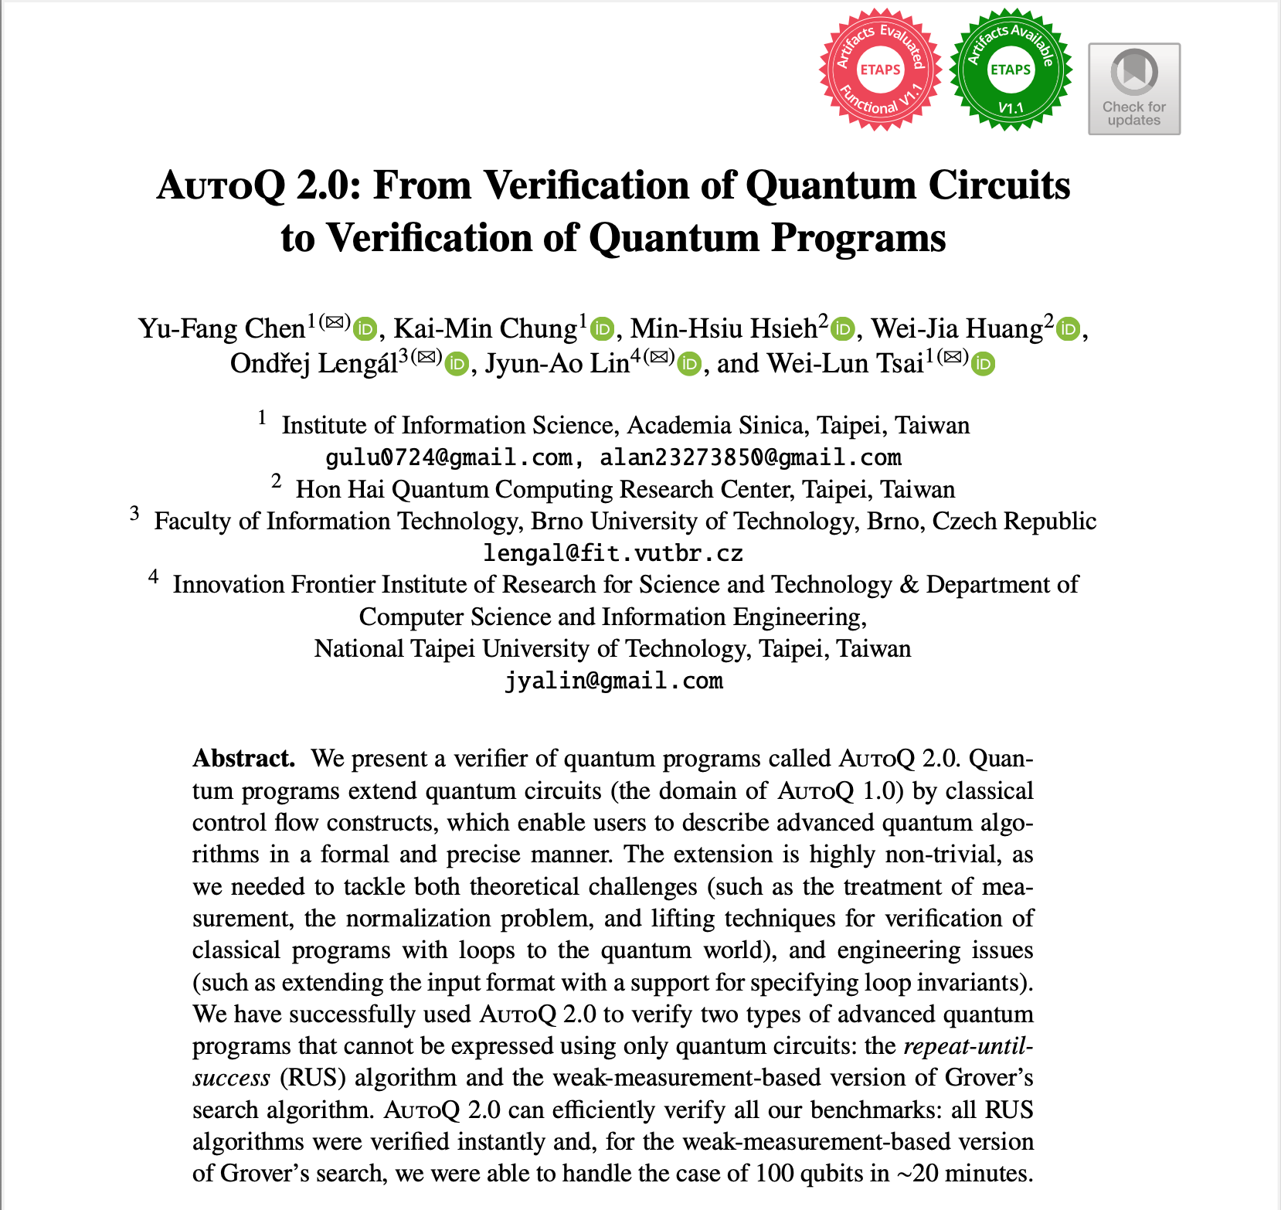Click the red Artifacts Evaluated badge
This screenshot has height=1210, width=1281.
tap(880, 70)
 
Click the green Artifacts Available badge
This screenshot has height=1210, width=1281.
tap(1011, 70)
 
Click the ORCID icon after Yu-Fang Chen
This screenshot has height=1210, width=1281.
tap(365, 330)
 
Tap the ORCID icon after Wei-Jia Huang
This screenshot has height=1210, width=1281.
tap(1068, 330)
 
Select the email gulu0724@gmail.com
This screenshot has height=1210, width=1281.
tap(449, 457)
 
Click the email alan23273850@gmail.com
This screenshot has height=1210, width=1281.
tap(750, 457)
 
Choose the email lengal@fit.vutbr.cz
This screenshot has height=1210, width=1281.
tap(613, 553)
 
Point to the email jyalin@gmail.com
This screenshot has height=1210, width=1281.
tap(613, 681)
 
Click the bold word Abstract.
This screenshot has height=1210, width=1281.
tap(243, 758)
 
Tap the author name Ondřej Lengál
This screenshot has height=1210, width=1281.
tap(313, 363)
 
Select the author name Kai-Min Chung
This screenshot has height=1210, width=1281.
tap(485, 329)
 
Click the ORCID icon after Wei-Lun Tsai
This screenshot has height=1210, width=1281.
tap(983, 364)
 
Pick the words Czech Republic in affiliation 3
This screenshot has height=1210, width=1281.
tap(1014, 522)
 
